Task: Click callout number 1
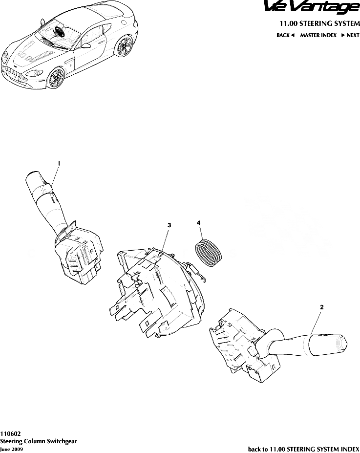point(59,162)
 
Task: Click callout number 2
point(321,307)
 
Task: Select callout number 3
point(169,225)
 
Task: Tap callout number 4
point(199,223)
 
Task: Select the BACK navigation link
point(285,35)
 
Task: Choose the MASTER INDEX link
point(318,35)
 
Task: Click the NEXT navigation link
point(350,35)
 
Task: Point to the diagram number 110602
point(10,433)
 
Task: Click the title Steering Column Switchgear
point(38,441)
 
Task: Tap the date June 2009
point(11,449)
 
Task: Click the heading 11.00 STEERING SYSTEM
point(319,23)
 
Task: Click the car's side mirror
point(86,44)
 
